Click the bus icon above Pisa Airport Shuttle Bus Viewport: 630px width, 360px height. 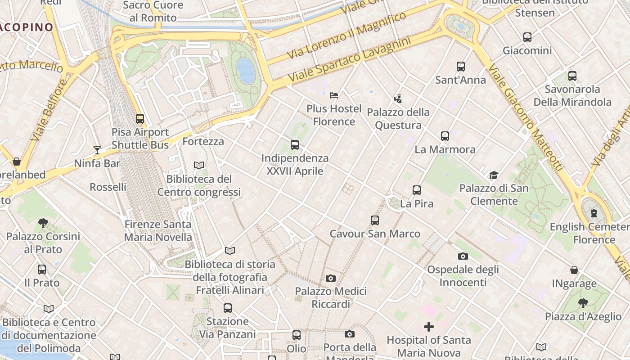(140, 119)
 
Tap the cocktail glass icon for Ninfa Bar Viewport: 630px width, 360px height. (97, 150)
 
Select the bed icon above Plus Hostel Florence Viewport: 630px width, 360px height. (334, 95)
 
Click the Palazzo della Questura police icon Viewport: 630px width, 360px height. (398, 99)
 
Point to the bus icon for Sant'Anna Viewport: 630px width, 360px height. (461, 67)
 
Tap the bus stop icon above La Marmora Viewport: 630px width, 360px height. (445, 136)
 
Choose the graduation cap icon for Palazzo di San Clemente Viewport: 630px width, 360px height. (494, 175)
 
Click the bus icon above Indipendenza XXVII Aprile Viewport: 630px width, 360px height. (295, 144)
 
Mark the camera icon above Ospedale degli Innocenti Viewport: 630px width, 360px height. (463, 256)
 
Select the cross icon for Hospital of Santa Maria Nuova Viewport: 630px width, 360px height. (429, 327)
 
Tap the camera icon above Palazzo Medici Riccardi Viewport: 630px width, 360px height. (331, 278)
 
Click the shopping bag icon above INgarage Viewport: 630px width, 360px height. (574, 270)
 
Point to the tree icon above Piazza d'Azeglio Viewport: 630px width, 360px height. (583, 303)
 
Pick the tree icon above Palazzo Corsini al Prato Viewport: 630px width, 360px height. (43, 223)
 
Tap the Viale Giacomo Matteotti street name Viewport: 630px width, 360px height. (526, 118)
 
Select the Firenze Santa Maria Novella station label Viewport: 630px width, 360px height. (158, 230)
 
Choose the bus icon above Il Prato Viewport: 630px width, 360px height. (42, 270)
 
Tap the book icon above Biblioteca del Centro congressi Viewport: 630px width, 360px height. (199, 166)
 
